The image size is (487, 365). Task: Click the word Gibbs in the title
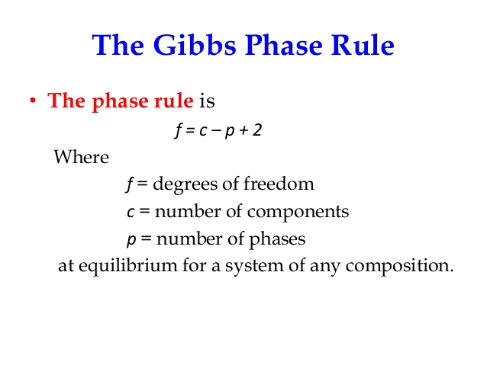tap(195, 45)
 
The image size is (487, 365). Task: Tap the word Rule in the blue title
tap(363, 45)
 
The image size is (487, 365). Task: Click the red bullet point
tap(33, 101)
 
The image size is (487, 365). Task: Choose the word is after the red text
tap(207, 101)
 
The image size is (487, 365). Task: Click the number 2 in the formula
tap(257, 130)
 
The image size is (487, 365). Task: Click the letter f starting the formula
tap(179, 130)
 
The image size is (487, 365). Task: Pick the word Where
tap(82, 157)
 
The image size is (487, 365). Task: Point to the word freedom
tap(279, 184)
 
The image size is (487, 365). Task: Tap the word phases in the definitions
tap(277, 240)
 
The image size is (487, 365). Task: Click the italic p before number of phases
tap(131, 240)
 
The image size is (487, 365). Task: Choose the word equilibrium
tap(127, 267)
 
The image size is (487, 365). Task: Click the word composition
tap(399, 267)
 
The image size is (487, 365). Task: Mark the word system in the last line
tap(254, 267)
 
